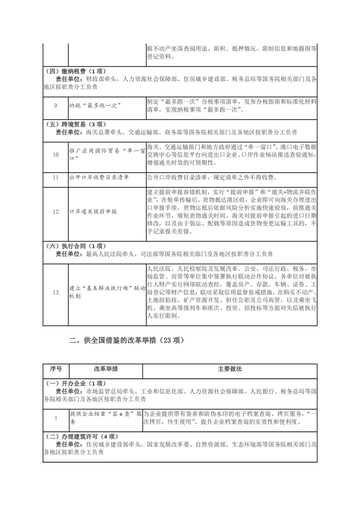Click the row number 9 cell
point(55,106)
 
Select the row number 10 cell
point(55,155)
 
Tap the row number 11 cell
point(55,177)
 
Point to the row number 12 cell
point(55,211)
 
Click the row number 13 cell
point(55,292)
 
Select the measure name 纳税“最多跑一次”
point(93,106)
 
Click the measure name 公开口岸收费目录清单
point(99,177)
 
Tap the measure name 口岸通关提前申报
point(93,211)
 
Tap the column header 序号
point(55,369)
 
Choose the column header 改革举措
point(106,369)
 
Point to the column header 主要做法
point(230,369)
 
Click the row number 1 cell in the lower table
point(55,418)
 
